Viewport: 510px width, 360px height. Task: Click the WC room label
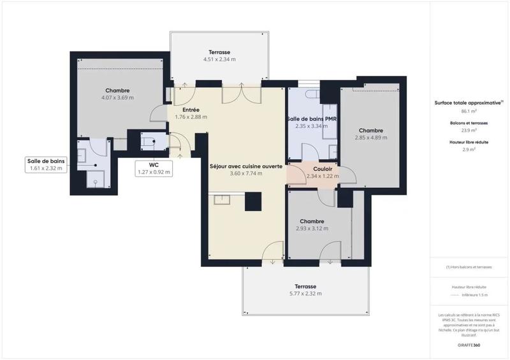pyautogui.click(x=154, y=164)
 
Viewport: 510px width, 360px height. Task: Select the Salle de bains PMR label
pyautogui.click(x=311, y=119)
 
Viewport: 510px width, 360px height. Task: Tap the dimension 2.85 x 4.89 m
pyautogui.click(x=371, y=137)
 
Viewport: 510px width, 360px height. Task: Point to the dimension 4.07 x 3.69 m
pyautogui.click(x=117, y=97)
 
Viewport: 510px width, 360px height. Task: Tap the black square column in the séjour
pyautogui.click(x=252, y=202)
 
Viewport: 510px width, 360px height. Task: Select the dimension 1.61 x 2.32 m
pyautogui.click(x=47, y=168)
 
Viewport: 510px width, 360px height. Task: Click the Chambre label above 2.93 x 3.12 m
pyautogui.click(x=312, y=221)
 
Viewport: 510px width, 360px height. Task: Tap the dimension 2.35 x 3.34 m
pyautogui.click(x=311, y=126)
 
